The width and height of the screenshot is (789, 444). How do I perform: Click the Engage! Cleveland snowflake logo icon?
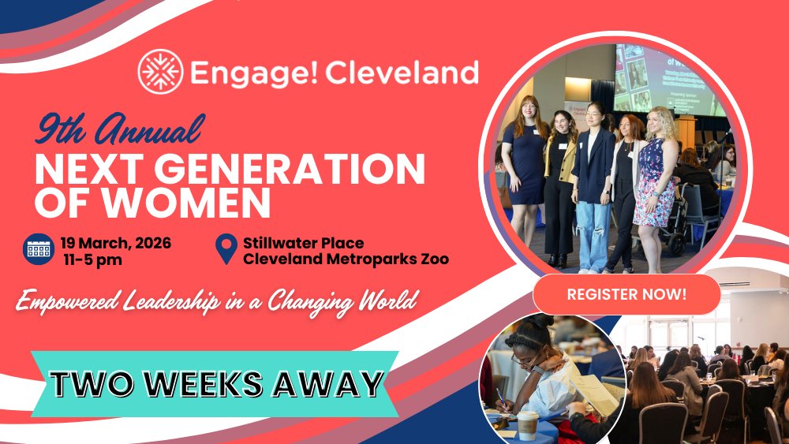coord(161,71)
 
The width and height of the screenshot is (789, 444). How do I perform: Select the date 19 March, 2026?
coord(116,242)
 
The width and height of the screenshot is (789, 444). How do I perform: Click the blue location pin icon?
coord(226,250)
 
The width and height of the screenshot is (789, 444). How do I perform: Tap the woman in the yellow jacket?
coord(560,177)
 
